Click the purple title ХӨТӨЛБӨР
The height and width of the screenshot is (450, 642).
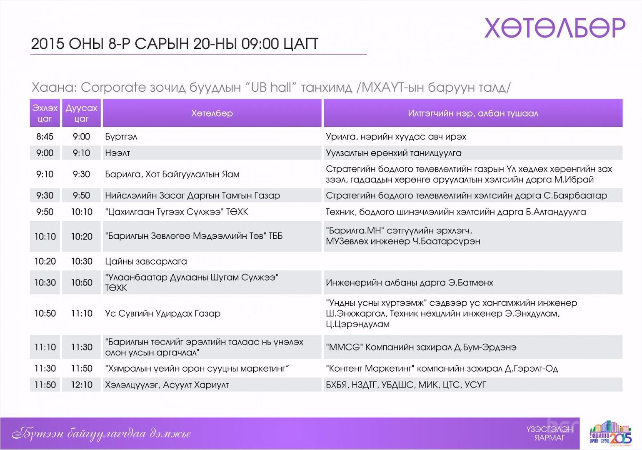tap(555, 28)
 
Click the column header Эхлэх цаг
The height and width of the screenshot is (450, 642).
tap(45, 113)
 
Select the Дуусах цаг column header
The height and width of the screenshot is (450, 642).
tap(81, 113)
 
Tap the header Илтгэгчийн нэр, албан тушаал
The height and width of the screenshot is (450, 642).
tap(473, 113)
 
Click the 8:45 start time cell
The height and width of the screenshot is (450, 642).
tap(45, 136)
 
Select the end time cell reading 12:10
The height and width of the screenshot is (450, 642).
tap(82, 385)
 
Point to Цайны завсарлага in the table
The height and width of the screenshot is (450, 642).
tap(146, 261)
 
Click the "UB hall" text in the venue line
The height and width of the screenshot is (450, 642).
tap(271, 87)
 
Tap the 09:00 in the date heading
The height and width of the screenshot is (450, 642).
tap(260, 44)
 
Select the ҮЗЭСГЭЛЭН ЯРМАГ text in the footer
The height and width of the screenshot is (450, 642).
tap(550, 433)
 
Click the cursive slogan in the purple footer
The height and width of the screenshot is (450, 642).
tap(101, 434)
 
